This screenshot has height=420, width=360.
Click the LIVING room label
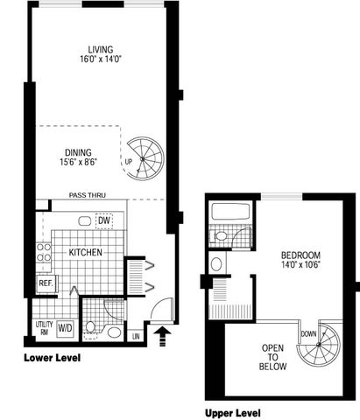(x=101, y=49)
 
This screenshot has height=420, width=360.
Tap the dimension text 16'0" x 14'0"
(x=101, y=59)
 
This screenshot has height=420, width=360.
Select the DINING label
(x=78, y=152)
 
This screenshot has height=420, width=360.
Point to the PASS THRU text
(x=88, y=195)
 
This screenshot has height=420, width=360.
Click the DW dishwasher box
(x=104, y=220)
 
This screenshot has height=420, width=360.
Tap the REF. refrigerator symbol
(x=46, y=283)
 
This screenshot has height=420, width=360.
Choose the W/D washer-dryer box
(x=65, y=328)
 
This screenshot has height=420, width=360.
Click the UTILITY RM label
(x=44, y=328)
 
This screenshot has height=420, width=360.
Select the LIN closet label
(x=136, y=336)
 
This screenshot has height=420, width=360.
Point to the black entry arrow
(x=163, y=335)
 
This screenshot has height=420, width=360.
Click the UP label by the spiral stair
(x=129, y=161)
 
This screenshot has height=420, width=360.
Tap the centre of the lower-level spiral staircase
(x=143, y=159)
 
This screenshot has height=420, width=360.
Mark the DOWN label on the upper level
(x=308, y=333)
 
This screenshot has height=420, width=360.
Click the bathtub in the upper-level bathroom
(x=230, y=212)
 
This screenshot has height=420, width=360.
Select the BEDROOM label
(x=300, y=255)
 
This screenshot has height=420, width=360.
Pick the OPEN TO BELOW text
(x=272, y=357)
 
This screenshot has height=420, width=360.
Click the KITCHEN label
(x=85, y=252)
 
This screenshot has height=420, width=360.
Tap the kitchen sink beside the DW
(x=85, y=220)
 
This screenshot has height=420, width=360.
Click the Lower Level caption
(x=53, y=358)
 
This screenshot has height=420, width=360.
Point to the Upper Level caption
(x=233, y=413)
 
